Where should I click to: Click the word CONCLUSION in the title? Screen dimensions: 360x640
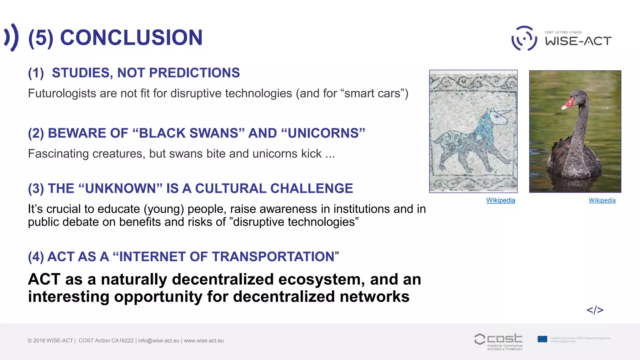coord(131,37)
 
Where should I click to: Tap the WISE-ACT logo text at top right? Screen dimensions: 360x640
coord(578,41)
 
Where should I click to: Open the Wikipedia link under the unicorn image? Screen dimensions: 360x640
coord(501,200)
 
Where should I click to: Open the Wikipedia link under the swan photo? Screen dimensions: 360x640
coord(602,200)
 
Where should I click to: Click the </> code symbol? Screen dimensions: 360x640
coord(595,310)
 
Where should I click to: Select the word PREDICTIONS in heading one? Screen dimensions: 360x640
coord(194,73)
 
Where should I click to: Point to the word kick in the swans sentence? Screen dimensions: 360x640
coord(311,154)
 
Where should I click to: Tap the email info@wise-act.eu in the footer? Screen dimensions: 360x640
coord(159,341)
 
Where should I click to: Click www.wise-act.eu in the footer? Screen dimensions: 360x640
coord(204,341)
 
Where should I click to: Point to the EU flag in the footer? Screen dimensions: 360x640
coord(542,339)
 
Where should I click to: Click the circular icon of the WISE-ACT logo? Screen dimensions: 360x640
coord(524,38)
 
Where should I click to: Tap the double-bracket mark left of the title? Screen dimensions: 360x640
coord(12,37)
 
